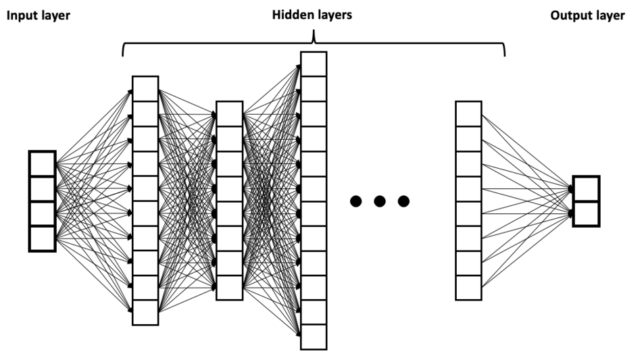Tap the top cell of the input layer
(41, 164)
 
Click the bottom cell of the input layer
(41, 238)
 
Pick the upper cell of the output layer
(585, 188)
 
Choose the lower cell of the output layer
(585, 213)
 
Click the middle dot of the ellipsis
(379, 201)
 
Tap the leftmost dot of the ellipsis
(355, 201)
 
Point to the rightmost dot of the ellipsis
(403, 201)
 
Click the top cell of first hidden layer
(145, 88)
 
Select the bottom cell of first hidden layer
(145, 313)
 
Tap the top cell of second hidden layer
(229, 113)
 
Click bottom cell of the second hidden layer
(229, 288)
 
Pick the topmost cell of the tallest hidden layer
(314, 63)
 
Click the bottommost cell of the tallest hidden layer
(314, 337)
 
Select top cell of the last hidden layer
(468, 113)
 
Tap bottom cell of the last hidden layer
(468, 288)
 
